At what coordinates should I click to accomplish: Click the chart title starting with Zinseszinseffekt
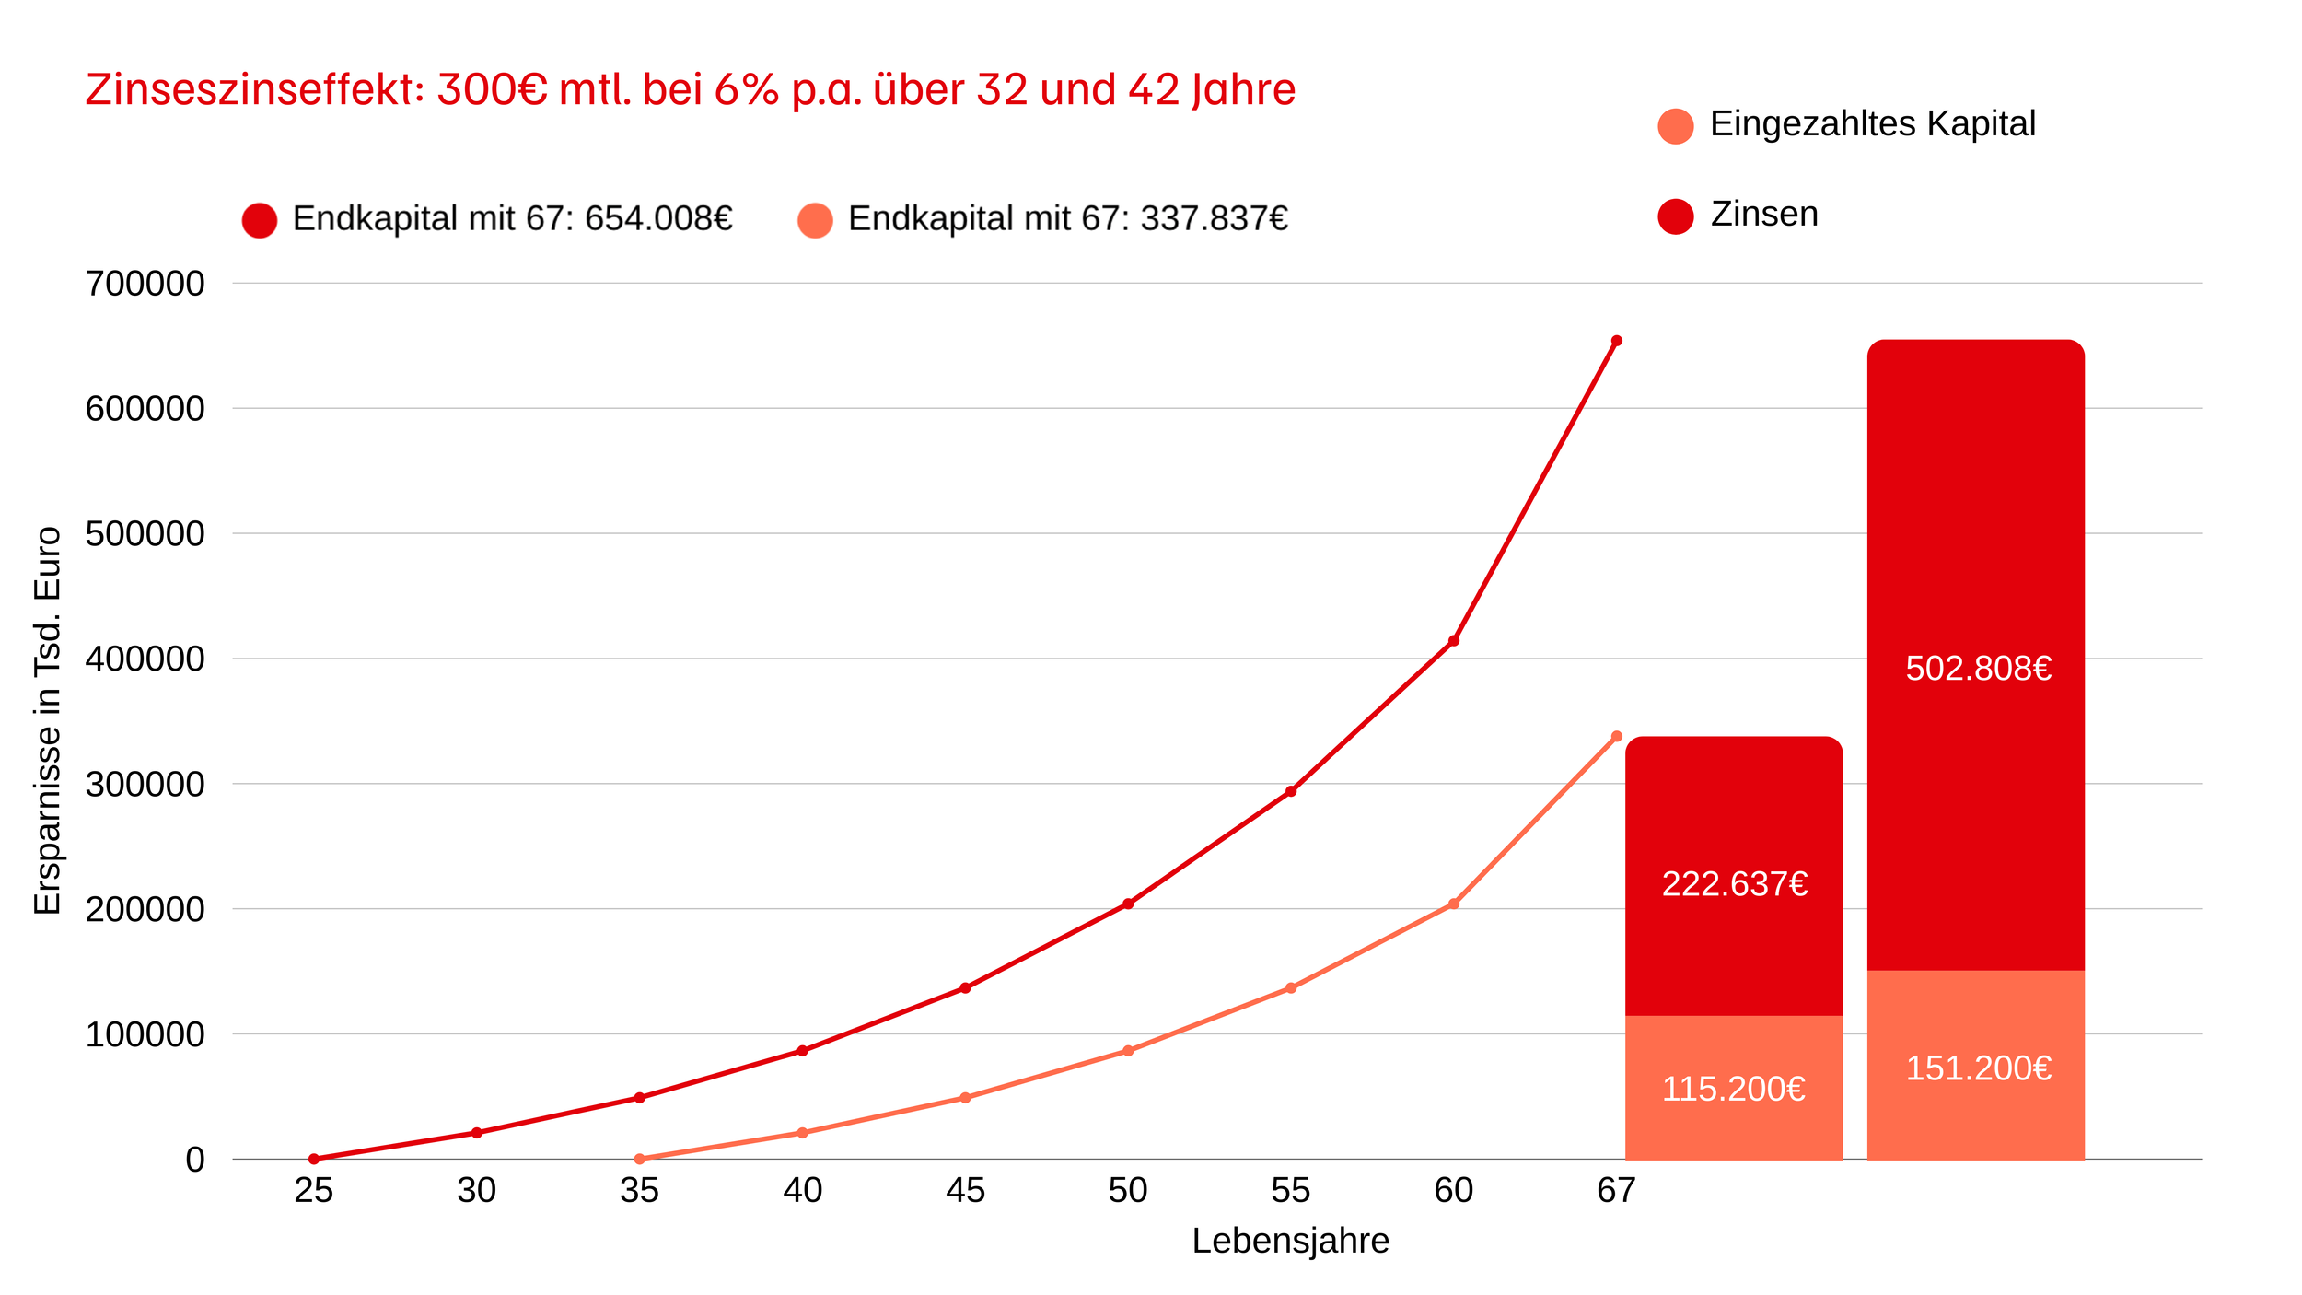pos(690,90)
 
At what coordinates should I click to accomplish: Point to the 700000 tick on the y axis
pos(145,284)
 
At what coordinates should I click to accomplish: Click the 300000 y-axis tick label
pos(145,785)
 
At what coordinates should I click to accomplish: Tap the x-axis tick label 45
pos(965,1191)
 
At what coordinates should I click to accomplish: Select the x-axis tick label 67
pos(1616,1191)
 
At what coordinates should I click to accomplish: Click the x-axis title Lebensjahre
pos(1290,1242)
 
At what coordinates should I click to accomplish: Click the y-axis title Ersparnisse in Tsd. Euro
pos(48,720)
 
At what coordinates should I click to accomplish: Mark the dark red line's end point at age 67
pos(1616,341)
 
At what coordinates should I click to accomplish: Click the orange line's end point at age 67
pos(1616,737)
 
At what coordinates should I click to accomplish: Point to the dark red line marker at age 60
pos(1453,641)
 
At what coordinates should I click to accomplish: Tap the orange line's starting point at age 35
pos(640,1159)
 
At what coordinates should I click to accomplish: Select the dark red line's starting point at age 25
pos(314,1159)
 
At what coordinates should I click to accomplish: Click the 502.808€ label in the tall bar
pos(1978,669)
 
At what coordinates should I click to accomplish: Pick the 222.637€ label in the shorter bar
pos(1735,884)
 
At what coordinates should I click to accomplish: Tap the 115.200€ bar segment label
pos(1733,1090)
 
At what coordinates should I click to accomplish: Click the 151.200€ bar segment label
pos(1978,1068)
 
